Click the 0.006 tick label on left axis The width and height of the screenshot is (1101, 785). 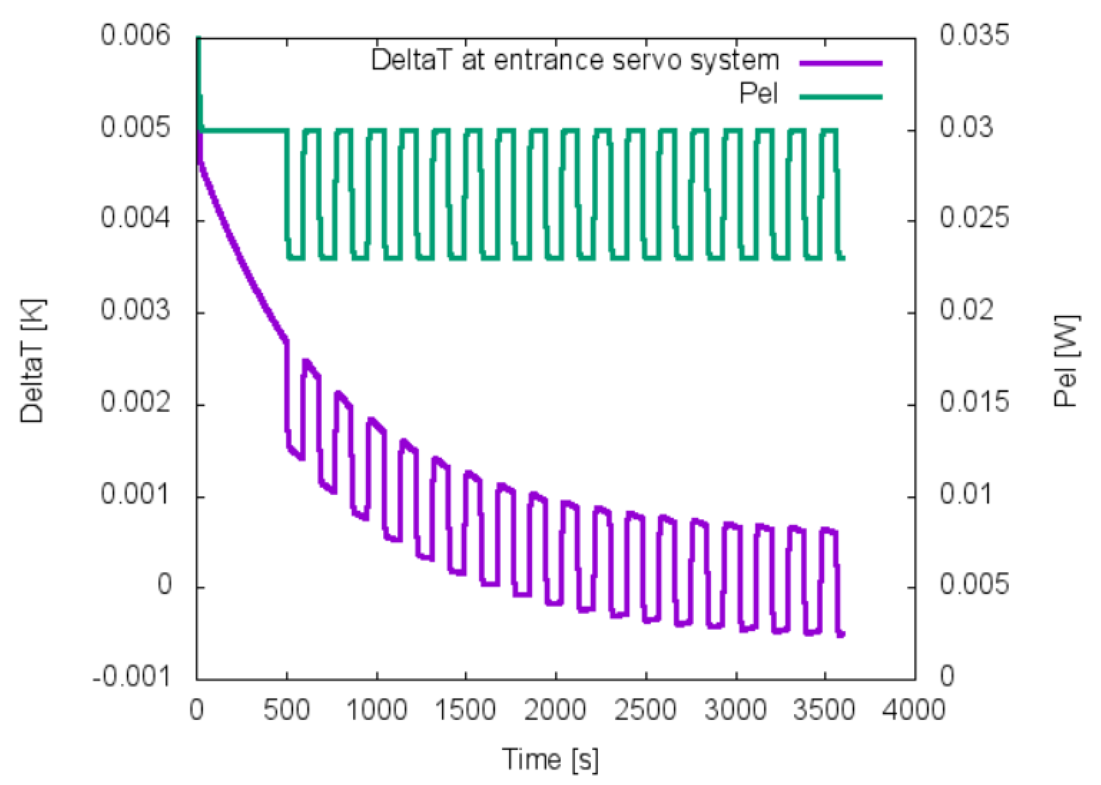(x=135, y=35)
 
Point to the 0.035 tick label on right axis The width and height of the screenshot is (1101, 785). (x=973, y=35)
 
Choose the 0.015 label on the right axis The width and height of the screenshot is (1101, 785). (x=973, y=401)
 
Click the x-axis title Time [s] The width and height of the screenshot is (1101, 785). (x=550, y=759)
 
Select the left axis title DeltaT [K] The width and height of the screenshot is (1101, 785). (x=32, y=361)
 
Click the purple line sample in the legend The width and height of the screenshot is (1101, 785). (x=841, y=63)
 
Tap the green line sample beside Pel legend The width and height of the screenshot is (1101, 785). (x=841, y=97)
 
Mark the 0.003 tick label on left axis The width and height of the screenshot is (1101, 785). (x=135, y=309)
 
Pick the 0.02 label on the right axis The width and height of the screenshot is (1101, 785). (x=966, y=309)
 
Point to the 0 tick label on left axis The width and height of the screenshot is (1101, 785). (x=164, y=584)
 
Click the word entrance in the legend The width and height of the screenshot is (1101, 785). (x=549, y=61)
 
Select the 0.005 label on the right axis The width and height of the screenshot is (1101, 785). (x=973, y=584)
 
